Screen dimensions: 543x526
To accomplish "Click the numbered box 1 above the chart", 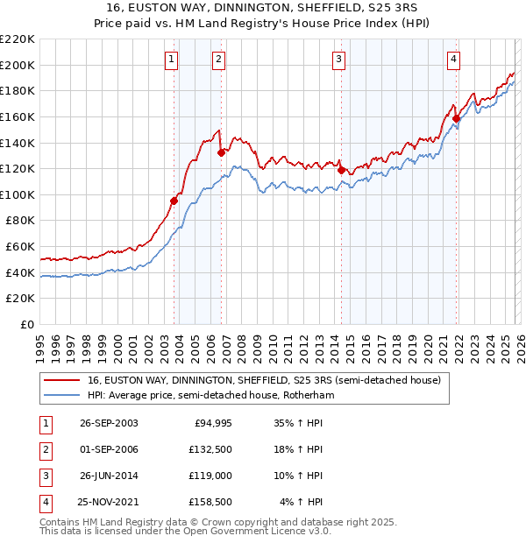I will [171, 60].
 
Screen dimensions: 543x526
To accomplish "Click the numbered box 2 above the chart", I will [217, 60].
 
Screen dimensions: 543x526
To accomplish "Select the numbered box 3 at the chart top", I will [338, 60].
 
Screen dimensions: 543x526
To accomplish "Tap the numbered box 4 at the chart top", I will [453, 60].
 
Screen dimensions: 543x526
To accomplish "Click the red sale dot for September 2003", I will [174, 201].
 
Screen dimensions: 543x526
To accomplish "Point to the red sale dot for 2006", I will [220, 152].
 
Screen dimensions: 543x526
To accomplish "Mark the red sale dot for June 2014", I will [341, 170].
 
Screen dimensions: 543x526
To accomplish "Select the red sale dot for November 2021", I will [457, 118].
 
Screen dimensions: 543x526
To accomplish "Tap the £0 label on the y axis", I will [28, 324].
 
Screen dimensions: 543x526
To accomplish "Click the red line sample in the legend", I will [62, 381].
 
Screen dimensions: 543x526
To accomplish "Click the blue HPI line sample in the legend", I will [62, 396].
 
